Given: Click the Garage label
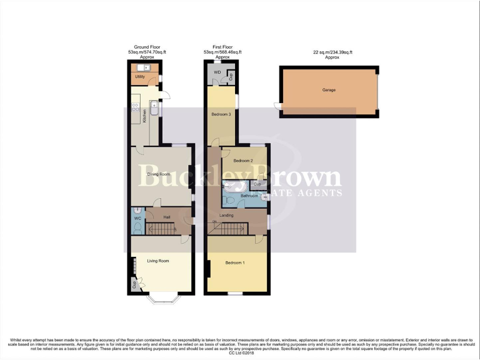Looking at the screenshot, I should pos(329,90).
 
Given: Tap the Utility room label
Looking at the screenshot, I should pos(140,76).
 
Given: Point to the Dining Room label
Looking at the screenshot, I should pos(159,174).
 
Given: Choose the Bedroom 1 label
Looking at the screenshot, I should pos(234,262).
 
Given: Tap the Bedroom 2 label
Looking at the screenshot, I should pos(243,161).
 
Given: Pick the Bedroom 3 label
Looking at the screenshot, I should pos(221,114).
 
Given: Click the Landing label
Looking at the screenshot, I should pos(226,216).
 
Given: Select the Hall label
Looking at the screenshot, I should pos(167,217).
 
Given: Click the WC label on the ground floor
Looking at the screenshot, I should pos(137,218).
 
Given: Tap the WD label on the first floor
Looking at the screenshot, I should pos(217,72).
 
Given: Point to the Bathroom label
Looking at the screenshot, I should pos(249,196).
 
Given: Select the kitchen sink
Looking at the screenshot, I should pos(155,111).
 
